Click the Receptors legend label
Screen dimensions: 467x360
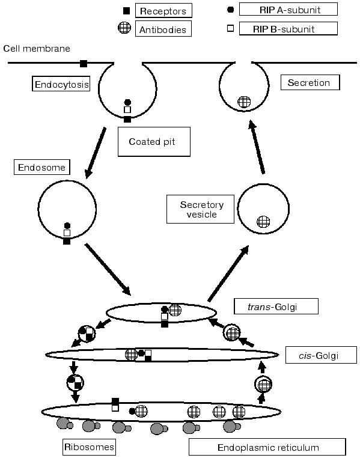click(x=163, y=11)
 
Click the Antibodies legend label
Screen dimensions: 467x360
click(x=163, y=29)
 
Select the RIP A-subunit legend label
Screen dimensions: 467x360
click(x=288, y=9)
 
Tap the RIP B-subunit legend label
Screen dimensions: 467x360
click(x=288, y=28)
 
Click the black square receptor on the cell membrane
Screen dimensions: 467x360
click(x=84, y=63)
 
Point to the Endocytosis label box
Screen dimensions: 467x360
click(x=61, y=85)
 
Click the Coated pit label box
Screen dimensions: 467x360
click(x=153, y=142)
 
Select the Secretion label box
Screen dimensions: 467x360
click(x=310, y=82)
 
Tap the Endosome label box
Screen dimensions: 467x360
click(x=39, y=167)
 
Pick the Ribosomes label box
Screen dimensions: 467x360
click(x=89, y=447)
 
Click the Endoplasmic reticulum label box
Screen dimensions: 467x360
click(x=267, y=447)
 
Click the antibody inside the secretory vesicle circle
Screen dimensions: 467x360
click(x=262, y=221)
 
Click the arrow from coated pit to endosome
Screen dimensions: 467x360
click(x=96, y=152)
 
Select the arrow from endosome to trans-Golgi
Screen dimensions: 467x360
click(x=108, y=269)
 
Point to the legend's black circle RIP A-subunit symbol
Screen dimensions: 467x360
click(x=231, y=10)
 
